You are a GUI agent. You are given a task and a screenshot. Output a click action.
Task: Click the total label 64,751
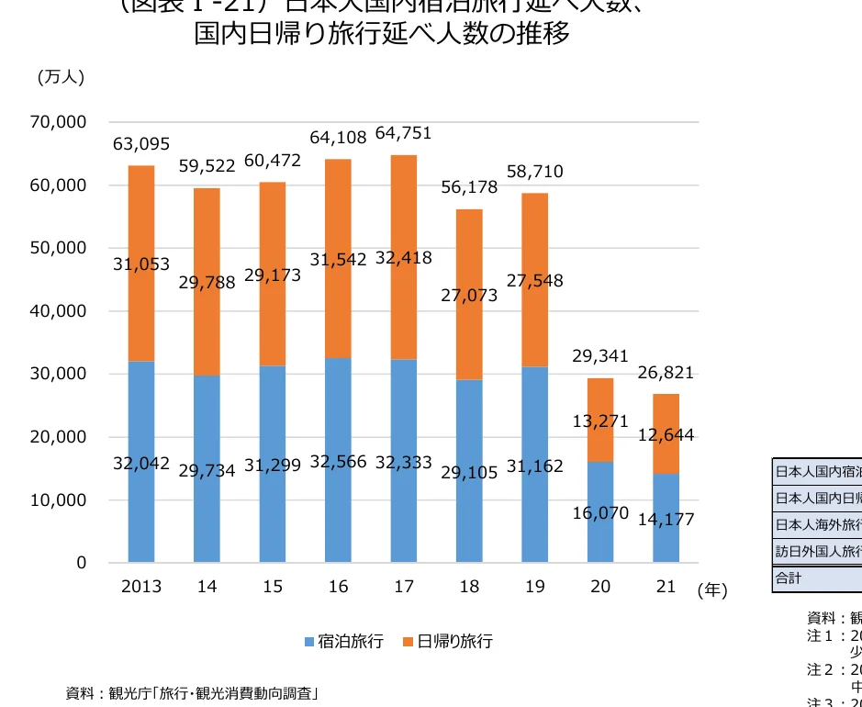pyautogui.click(x=404, y=134)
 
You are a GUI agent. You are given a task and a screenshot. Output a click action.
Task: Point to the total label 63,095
pyautogui.click(x=141, y=144)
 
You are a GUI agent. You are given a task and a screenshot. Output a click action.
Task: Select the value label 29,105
pyautogui.click(x=469, y=472)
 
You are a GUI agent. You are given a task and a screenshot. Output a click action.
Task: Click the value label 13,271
pyautogui.click(x=600, y=421)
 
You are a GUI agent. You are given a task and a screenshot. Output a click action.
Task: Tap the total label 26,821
pyautogui.click(x=666, y=373)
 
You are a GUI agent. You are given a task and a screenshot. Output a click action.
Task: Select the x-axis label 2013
pyautogui.click(x=141, y=587)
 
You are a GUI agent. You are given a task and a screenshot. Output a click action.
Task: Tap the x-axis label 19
pyautogui.click(x=534, y=587)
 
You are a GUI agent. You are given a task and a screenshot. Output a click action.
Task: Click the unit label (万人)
pyautogui.click(x=61, y=77)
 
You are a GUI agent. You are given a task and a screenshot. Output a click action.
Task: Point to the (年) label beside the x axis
pyautogui.click(x=711, y=590)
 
